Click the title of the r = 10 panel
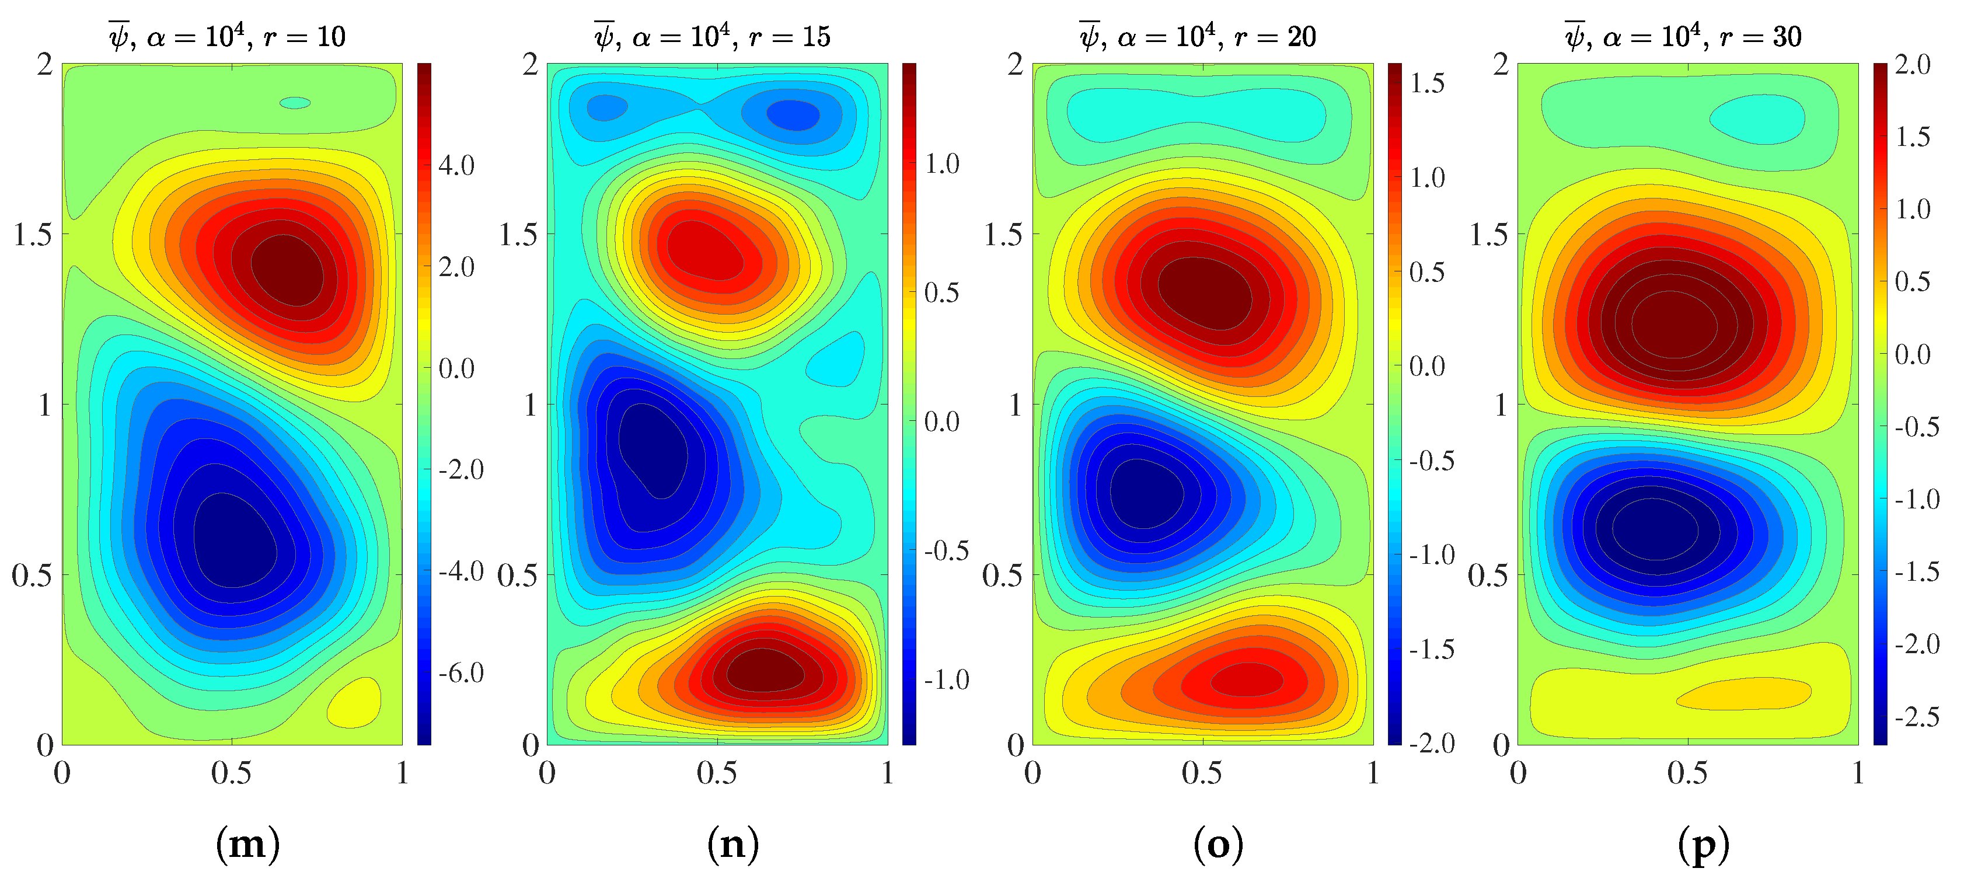[227, 36]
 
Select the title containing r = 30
[1683, 36]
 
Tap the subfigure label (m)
[247, 845]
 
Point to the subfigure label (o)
[1218, 845]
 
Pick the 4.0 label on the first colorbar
[456, 165]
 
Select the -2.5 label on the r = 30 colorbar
[1917, 717]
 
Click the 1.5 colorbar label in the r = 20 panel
[1427, 83]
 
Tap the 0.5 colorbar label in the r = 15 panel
[941, 292]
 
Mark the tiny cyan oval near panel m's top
[295, 103]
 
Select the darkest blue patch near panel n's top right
[793, 116]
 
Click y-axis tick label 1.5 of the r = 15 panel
[518, 235]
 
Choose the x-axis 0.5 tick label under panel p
[1687, 773]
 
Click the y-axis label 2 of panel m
[45, 64]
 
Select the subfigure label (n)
[732, 845]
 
